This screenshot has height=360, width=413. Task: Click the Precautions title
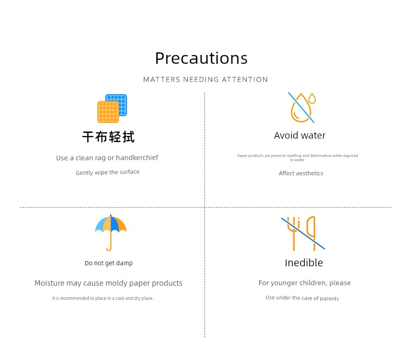click(201, 58)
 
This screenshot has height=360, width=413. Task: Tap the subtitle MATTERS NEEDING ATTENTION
click(205, 80)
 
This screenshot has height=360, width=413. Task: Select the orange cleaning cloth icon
click(108, 112)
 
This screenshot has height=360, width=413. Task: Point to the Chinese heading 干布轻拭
click(109, 137)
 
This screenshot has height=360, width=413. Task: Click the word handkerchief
click(137, 157)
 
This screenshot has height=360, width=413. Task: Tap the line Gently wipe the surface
click(108, 172)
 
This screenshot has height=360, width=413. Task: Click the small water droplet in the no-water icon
click(312, 98)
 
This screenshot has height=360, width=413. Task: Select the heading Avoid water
click(300, 136)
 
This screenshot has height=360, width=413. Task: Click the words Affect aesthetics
click(301, 173)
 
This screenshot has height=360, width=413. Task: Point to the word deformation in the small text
click(321, 155)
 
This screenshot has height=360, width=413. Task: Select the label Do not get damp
click(109, 263)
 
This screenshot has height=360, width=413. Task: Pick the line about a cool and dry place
click(102, 298)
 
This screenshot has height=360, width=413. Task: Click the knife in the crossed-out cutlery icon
click(312, 233)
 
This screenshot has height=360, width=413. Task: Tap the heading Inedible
click(304, 263)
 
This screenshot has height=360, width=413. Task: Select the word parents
click(329, 298)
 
